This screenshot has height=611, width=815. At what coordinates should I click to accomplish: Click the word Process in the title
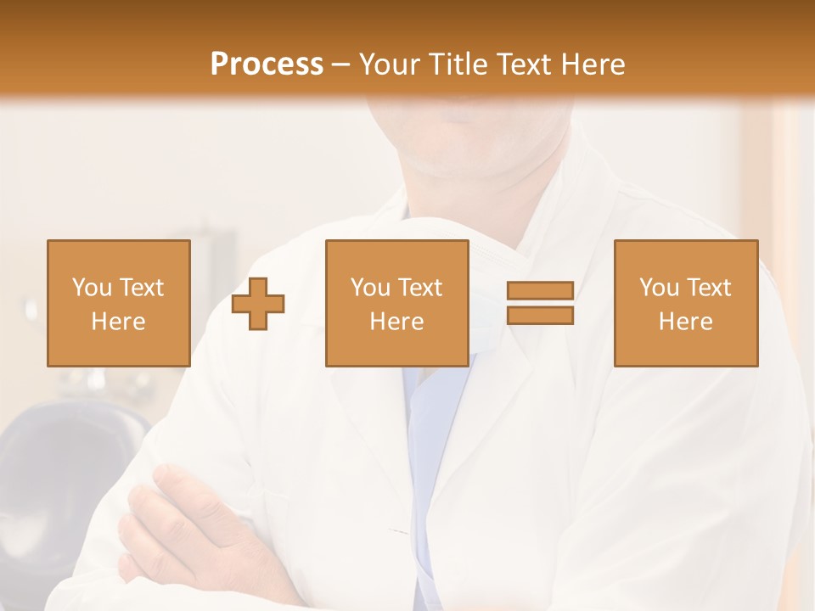click(x=267, y=64)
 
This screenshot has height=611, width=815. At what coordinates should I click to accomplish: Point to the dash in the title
click(x=341, y=65)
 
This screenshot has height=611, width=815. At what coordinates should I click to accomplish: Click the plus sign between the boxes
click(x=258, y=303)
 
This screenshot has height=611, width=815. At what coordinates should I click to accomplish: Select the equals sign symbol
click(x=540, y=303)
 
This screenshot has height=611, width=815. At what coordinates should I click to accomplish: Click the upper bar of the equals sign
click(x=540, y=291)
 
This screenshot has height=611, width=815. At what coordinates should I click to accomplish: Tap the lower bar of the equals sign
click(x=540, y=316)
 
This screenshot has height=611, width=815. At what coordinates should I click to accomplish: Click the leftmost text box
click(x=118, y=303)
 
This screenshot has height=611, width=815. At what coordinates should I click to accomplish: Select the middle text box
click(x=396, y=303)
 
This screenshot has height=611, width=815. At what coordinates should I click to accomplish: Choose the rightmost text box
click(x=685, y=303)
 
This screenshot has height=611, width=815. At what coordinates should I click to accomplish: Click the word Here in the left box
click(x=118, y=322)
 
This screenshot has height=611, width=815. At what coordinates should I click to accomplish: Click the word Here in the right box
click(x=685, y=322)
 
